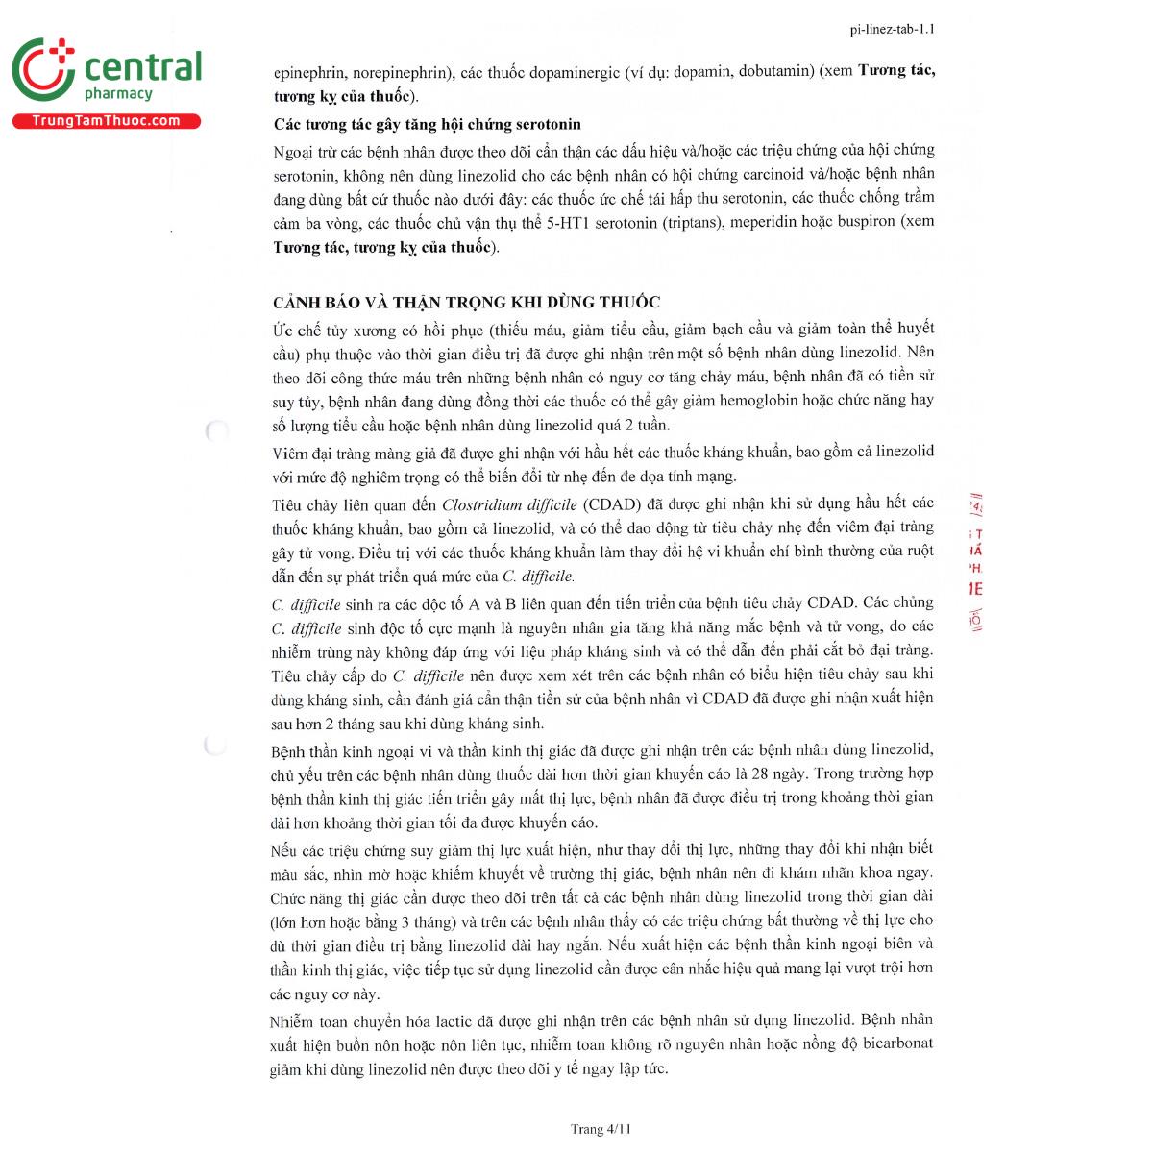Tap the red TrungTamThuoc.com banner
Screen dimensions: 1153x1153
point(107,121)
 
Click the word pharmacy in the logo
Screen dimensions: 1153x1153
point(118,94)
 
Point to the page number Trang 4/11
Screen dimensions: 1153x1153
point(601,1129)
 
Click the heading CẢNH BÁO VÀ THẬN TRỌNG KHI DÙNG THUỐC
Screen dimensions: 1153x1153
point(466,302)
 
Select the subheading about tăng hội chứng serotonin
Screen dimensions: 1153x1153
point(427,124)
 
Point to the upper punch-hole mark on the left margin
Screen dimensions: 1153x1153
point(216,430)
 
